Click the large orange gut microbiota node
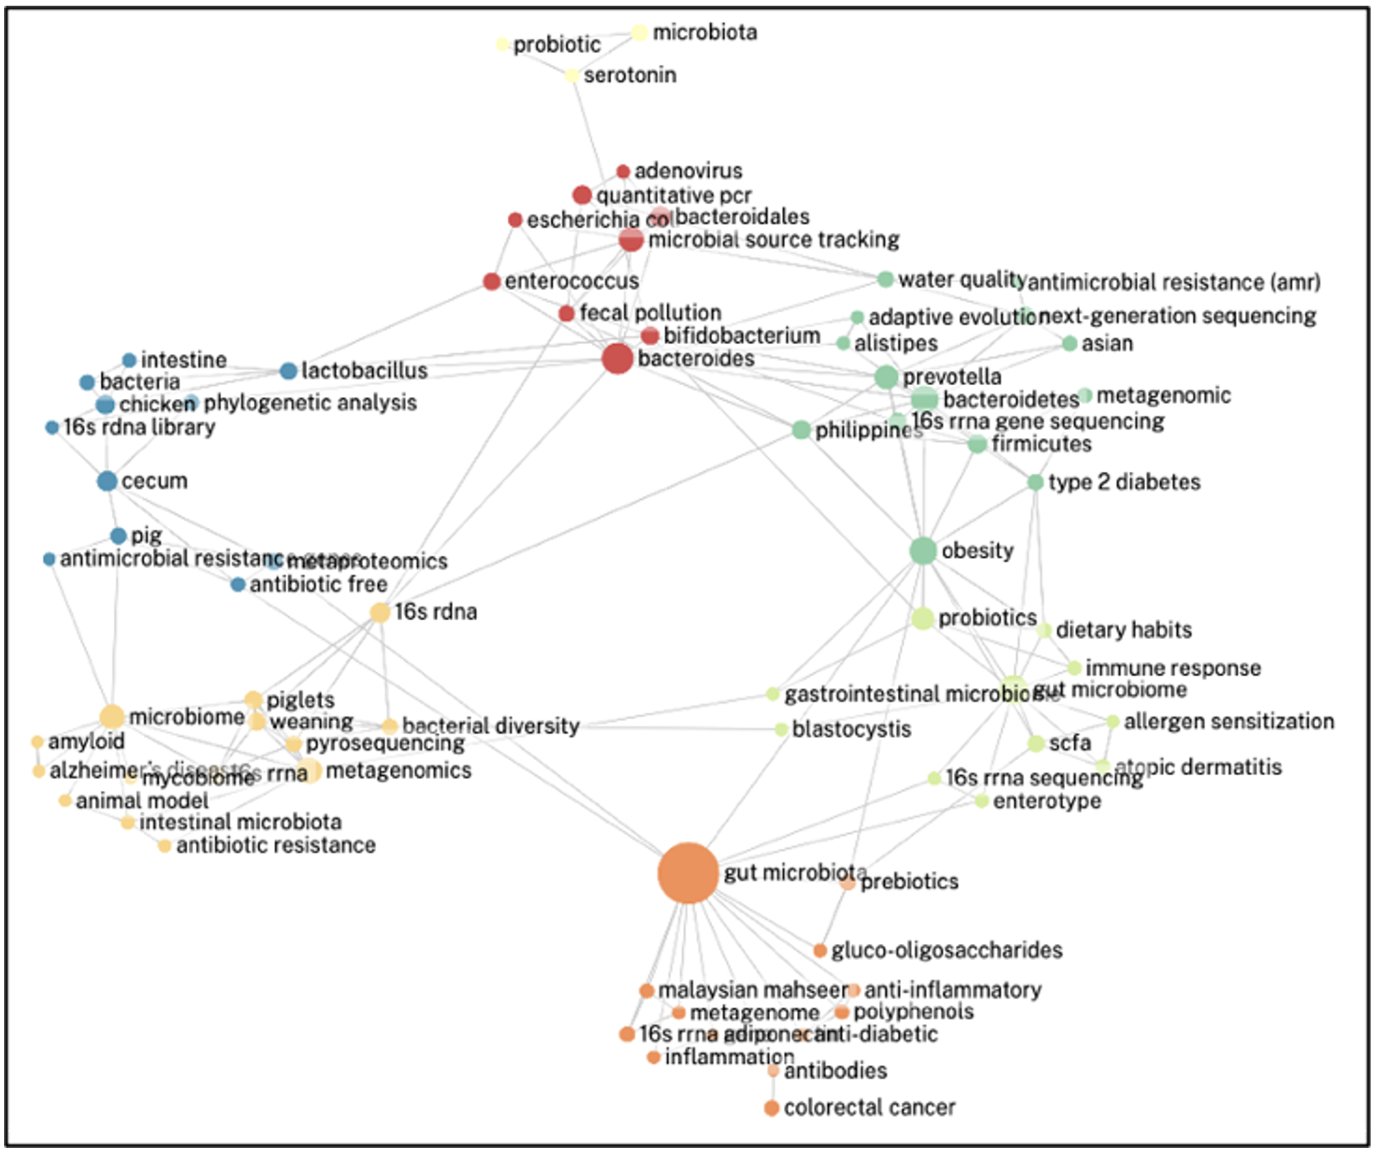688,873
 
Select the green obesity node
922,551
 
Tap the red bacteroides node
617,359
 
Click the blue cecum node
107,481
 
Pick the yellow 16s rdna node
379,612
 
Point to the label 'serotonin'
629,75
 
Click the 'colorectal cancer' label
868,1108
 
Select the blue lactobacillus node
288,371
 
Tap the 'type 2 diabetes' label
1124,482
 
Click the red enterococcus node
492,282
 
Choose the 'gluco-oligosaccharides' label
946,950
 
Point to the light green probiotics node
922,619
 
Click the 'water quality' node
885,279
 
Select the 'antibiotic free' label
318,585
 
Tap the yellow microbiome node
111,717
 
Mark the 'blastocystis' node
781,729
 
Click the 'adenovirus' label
688,171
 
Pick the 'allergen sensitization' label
1228,722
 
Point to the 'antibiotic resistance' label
275,846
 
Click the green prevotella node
886,377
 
